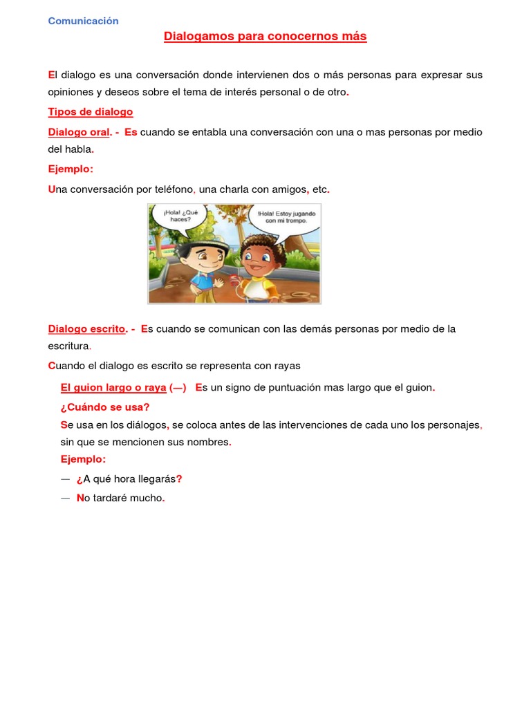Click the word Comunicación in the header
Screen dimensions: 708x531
83,21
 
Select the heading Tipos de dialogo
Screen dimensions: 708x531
90,112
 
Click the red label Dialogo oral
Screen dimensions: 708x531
79,132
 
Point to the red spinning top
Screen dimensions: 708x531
234,280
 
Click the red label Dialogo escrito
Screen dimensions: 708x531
86,329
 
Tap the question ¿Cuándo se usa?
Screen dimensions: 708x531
105,407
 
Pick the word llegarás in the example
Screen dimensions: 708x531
156,479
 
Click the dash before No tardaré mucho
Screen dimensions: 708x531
66,498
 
